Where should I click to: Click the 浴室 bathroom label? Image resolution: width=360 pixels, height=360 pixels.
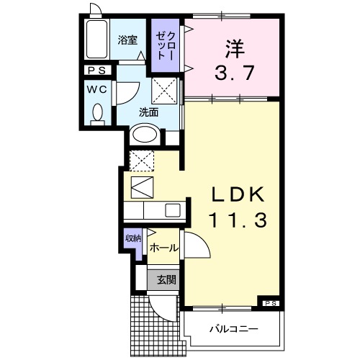[x=127, y=41]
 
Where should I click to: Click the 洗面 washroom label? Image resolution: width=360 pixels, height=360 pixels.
[x=148, y=112]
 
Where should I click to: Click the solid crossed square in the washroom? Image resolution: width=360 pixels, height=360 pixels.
[x=165, y=91]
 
